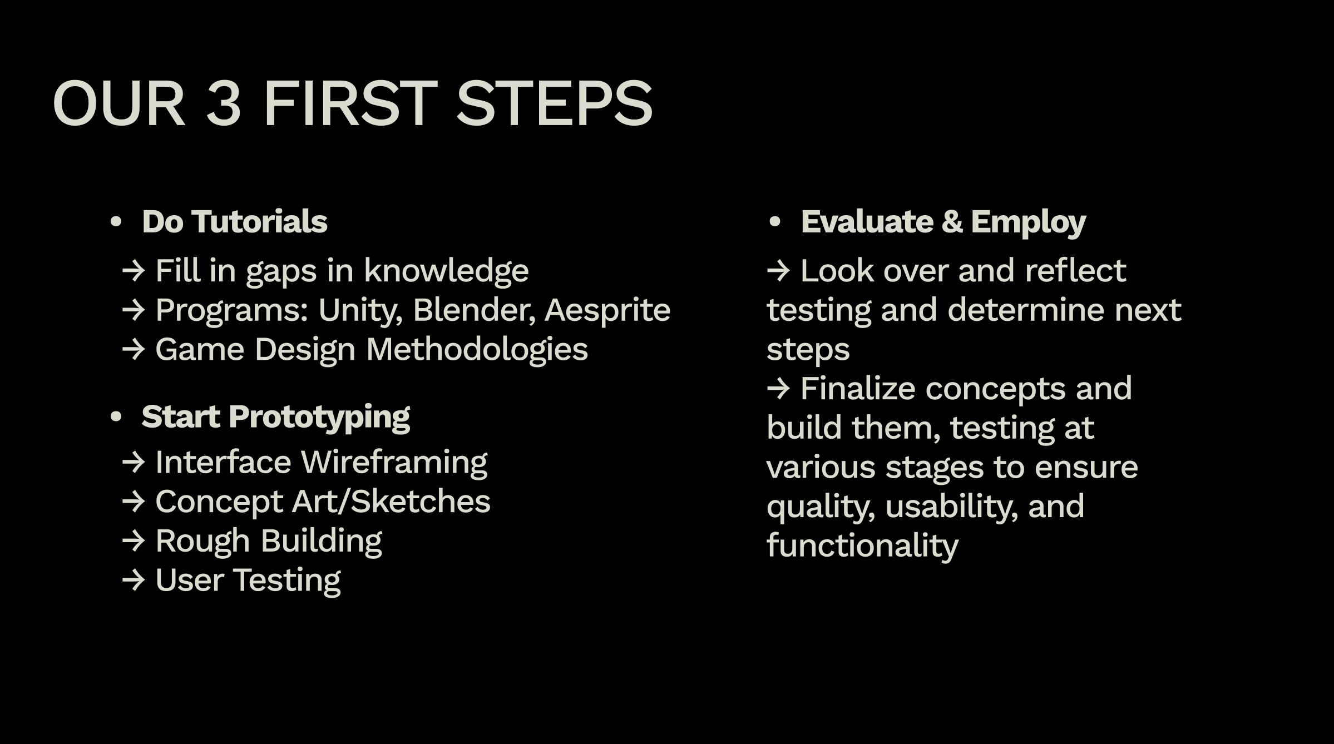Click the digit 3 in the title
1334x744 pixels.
click(x=224, y=103)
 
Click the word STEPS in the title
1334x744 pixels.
click(x=554, y=103)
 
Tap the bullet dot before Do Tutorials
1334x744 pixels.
click(x=116, y=222)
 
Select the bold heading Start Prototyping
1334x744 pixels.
click(x=276, y=418)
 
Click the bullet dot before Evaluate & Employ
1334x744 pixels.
click(x=774, y=222)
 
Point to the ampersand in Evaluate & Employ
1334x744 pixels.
click(x=952, y=222)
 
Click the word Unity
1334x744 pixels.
click(x=360, y=310)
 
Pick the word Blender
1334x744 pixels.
click(x=474, y=310)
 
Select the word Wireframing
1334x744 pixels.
click(x=394, y=463)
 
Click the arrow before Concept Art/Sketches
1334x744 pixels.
click(x=134, y=502)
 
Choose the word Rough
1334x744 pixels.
click(x=202, y=542)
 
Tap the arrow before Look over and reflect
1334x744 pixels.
click(x=778, y=271)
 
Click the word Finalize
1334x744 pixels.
click(x=858, y=388)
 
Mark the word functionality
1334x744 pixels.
click(x=862, y=546)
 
